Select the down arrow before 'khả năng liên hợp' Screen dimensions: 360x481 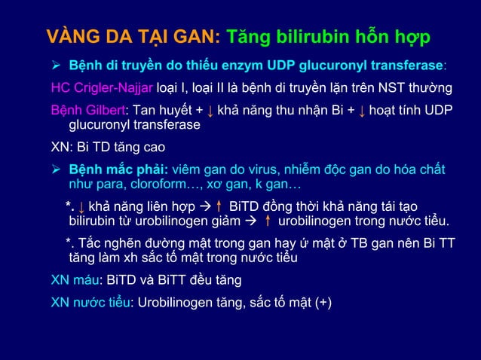(81, 207)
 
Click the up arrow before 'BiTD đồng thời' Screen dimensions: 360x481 (218, 207)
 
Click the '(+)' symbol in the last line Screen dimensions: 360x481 (326, 303)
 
